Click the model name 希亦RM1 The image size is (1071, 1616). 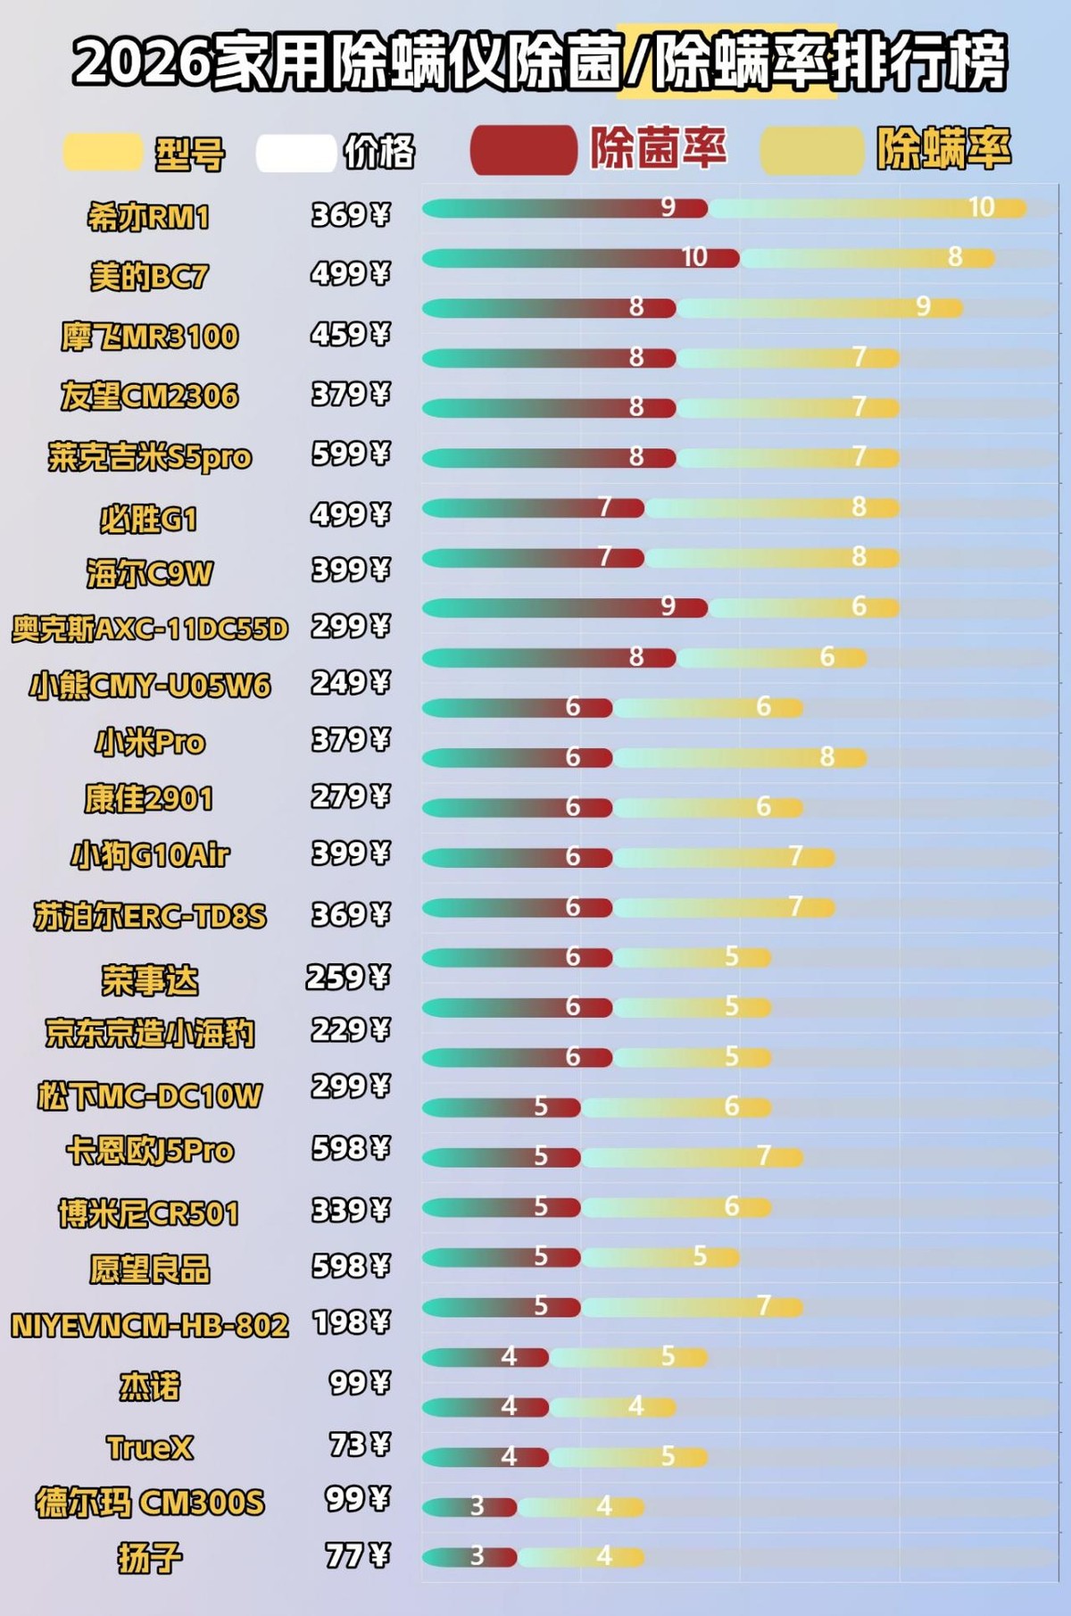[148, 217]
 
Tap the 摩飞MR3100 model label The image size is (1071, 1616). [150, 337]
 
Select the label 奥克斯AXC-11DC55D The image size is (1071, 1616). [150, 629]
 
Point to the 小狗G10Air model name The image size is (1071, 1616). [150, 856]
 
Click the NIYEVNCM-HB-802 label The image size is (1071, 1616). [150, 1326]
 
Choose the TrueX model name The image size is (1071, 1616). [150, 1447]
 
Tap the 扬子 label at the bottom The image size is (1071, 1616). [150, 1558]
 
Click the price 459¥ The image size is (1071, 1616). [351, 335]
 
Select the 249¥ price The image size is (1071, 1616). [351, 683]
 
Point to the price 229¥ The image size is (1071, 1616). [351, 1030]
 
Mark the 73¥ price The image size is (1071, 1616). [360, 1444]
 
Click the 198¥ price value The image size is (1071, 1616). [352, 1322]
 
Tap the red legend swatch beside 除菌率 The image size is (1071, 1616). [523, 150]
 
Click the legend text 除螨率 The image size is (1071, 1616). [944, 148]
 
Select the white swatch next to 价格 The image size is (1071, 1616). [295, 153]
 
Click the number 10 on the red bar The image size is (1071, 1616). [694, 257]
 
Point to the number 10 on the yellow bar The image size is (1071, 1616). [981, 207]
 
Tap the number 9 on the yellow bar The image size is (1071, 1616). [923, 307]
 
